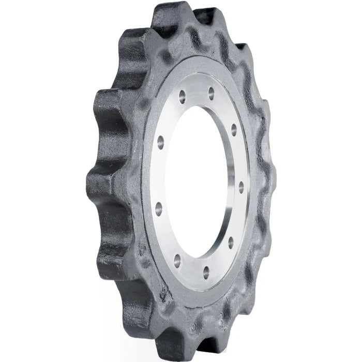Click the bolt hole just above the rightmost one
[234, 127]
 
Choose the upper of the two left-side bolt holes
[160, 140]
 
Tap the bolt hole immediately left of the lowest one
[177, 257]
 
